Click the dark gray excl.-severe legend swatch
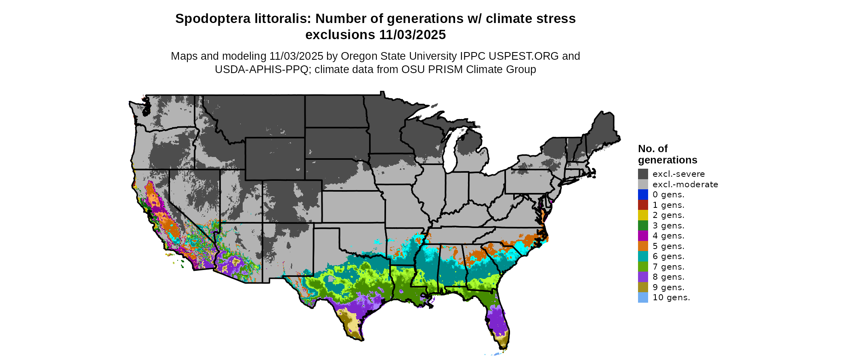pyautogui.click(x=643, y=174)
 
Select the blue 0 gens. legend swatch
pyautogui.click(x=643, y=195)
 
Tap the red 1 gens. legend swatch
pyautogui.click(x=643, y=205)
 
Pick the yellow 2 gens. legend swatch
pyautogui.click(x=643, y=215)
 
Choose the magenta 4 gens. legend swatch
pyautogui.click(x=643, y=236)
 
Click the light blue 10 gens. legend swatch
pyautogui.click(x=643, y=297)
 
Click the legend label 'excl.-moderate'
pyautogui.click(x=685, y=184)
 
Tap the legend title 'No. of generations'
pyautogui.click(x=667, y=154)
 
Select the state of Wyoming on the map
pyautogui.click(x=275, y=159)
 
